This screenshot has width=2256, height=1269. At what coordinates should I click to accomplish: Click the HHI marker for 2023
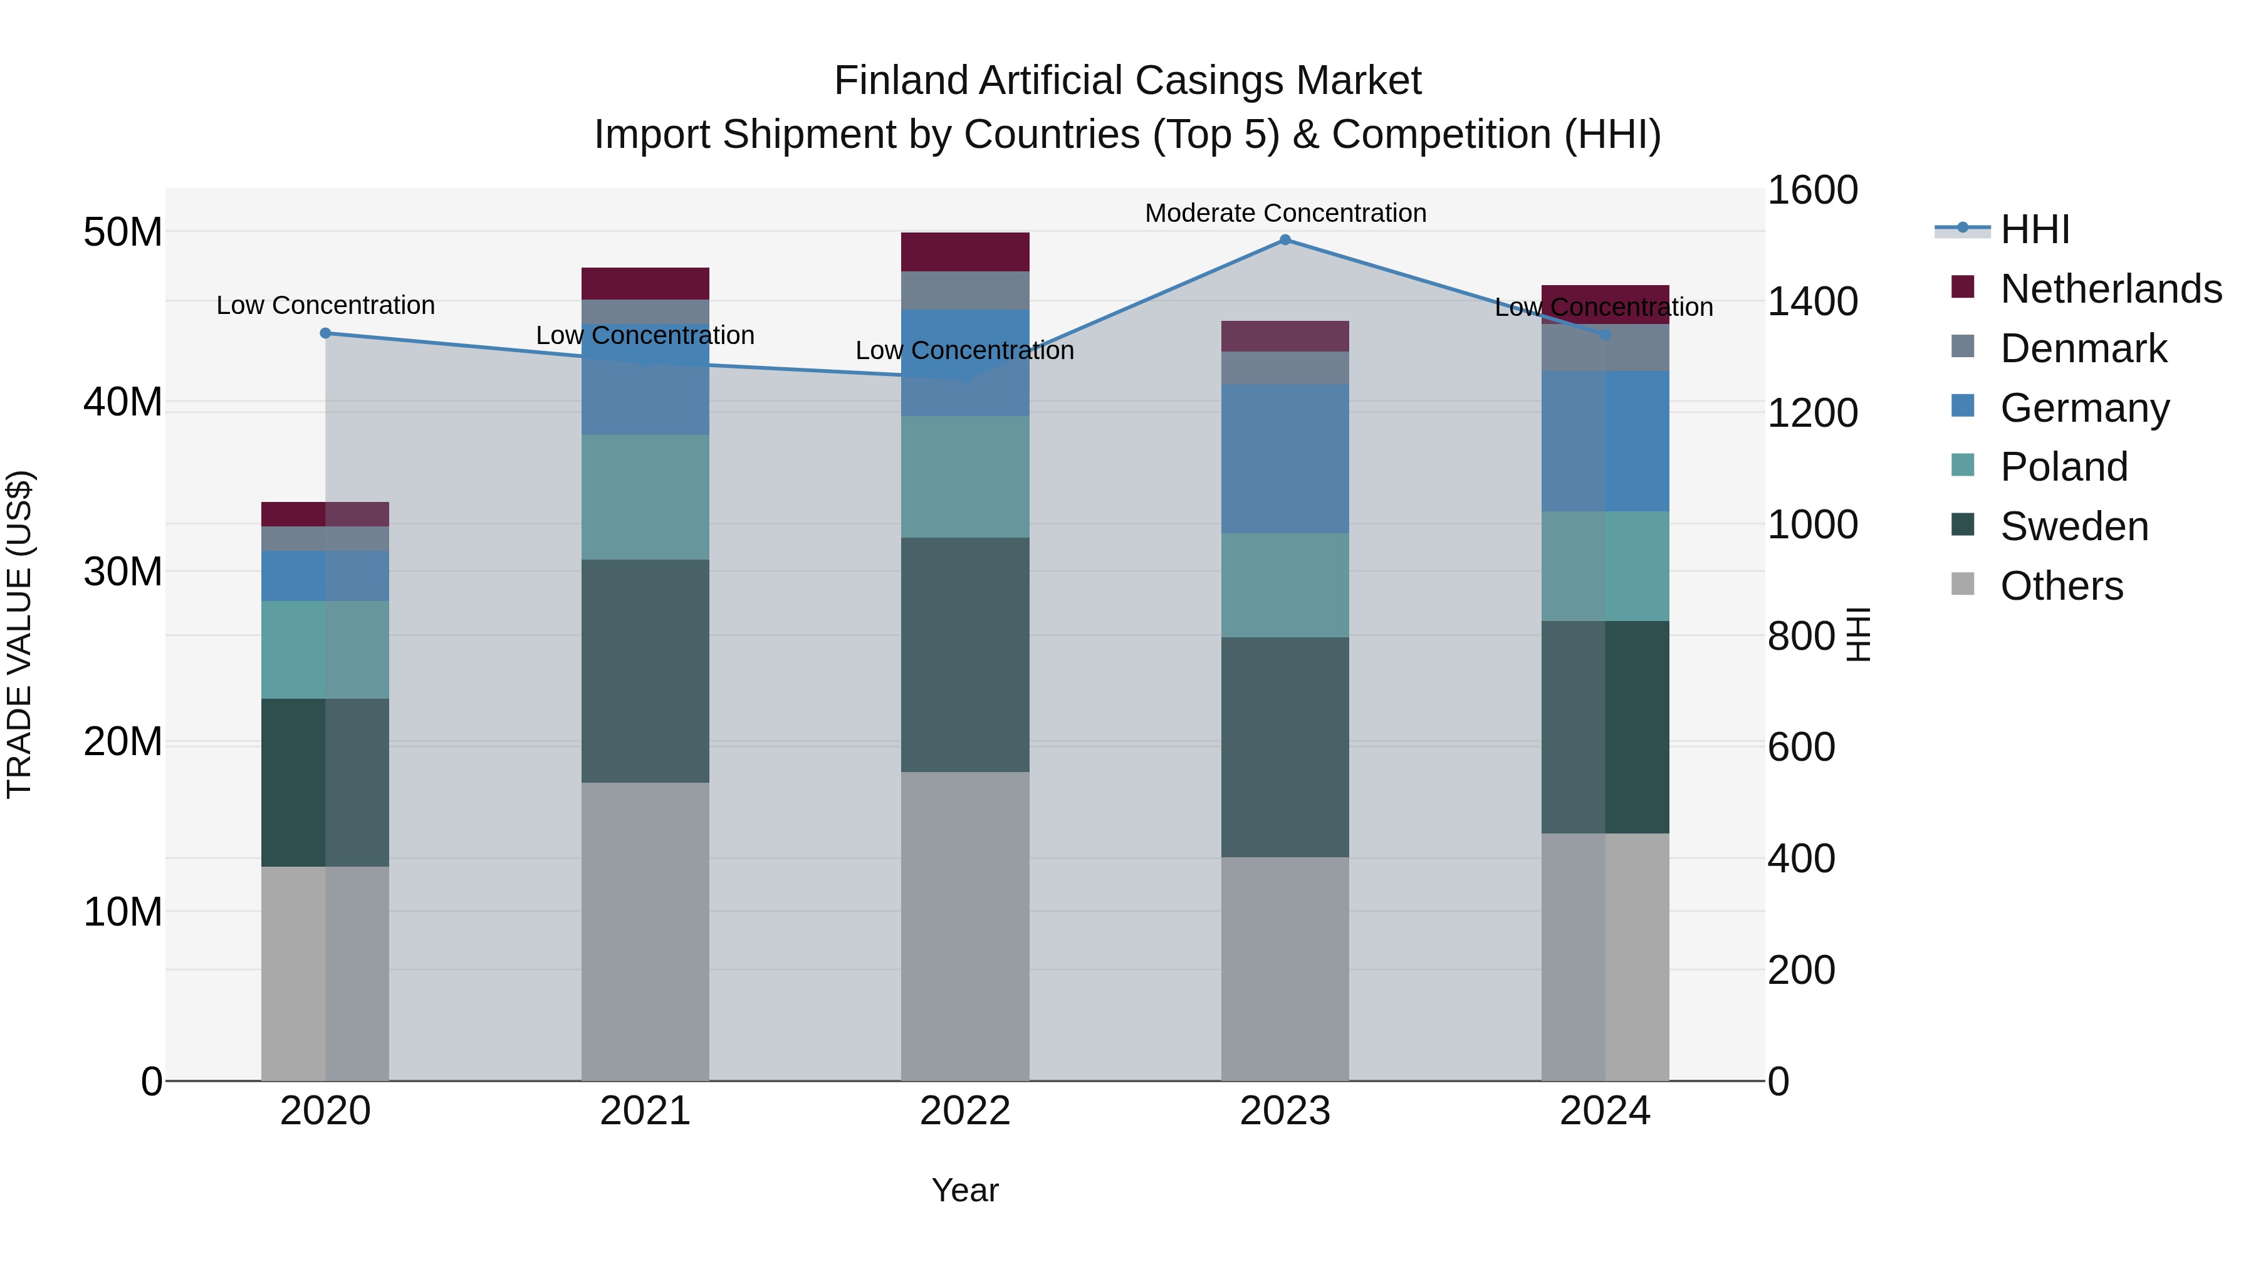pyautogui.click(x=1285, y=240)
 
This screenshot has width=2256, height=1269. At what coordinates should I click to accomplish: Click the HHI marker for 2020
pyautogui.click(x=326, y=333)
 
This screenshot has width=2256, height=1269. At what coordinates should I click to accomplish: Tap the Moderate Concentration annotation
pyautogui.click(x=1285, y=213)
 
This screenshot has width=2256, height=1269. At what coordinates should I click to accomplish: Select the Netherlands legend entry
pyautogui.click(x=2111, y=289)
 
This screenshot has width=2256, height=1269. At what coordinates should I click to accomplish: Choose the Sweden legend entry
pyautogui.click(x=2074, y=526)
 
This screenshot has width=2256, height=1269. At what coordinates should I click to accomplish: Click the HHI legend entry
pyautogui.click(x=2034, y=229)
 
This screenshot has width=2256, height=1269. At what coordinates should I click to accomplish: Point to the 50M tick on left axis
pyautogui.click(x=123, y=232)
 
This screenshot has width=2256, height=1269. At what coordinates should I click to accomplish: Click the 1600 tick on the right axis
pyautogui.click(x=1812, y=190)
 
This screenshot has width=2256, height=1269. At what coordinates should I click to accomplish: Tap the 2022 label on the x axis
pyautogui.click(x=965, y=1111)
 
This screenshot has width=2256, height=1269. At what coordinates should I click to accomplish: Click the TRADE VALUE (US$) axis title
pyautogui.click(x=19, y=634)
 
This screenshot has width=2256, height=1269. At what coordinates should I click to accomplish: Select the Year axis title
pyautogui.click(x=965, y=1190)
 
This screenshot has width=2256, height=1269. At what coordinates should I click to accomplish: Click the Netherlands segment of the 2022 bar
pyautogui.click(x=965, y=252)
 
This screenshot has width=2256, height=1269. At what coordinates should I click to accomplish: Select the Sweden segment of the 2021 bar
pyautogui.click(x=645, y=671)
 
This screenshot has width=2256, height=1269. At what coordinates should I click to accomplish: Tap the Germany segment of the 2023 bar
pyautogui.click(x=1285, y=459)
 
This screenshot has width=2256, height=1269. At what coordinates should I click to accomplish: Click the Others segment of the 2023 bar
pyautogui.click(x=1285, y=969)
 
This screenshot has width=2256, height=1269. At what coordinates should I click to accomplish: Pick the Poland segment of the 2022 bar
pyautogui.click(x=965, y=478)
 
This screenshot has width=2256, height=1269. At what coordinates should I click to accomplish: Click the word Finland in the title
pyautogui.click(x=901, y=81)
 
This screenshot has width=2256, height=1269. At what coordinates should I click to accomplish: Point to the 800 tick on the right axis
pyautogui.click(x=1800, y=636)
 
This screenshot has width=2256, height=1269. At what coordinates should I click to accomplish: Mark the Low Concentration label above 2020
pyautogui.click(x=326, y=306)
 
